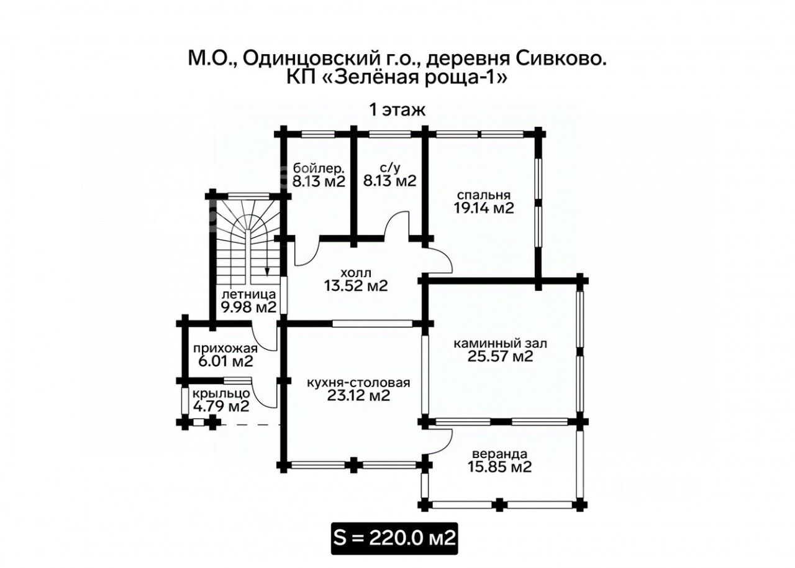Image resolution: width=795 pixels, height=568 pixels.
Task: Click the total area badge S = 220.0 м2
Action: [x=394, y=538]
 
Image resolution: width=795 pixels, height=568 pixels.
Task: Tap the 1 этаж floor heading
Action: [x=397, y=111]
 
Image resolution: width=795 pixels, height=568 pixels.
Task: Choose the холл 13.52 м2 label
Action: [x=356, y=279]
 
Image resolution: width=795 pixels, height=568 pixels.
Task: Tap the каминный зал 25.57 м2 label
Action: [x=500, y=349]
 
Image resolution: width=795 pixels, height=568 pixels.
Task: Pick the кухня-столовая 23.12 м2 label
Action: [x=358, y=389]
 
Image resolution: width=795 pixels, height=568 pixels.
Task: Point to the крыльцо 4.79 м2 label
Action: [x=220, y=400]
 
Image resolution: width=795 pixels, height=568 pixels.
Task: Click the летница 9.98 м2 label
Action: [x=247, y=300]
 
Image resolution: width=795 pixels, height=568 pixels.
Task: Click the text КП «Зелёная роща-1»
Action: [x=397, y=78]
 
